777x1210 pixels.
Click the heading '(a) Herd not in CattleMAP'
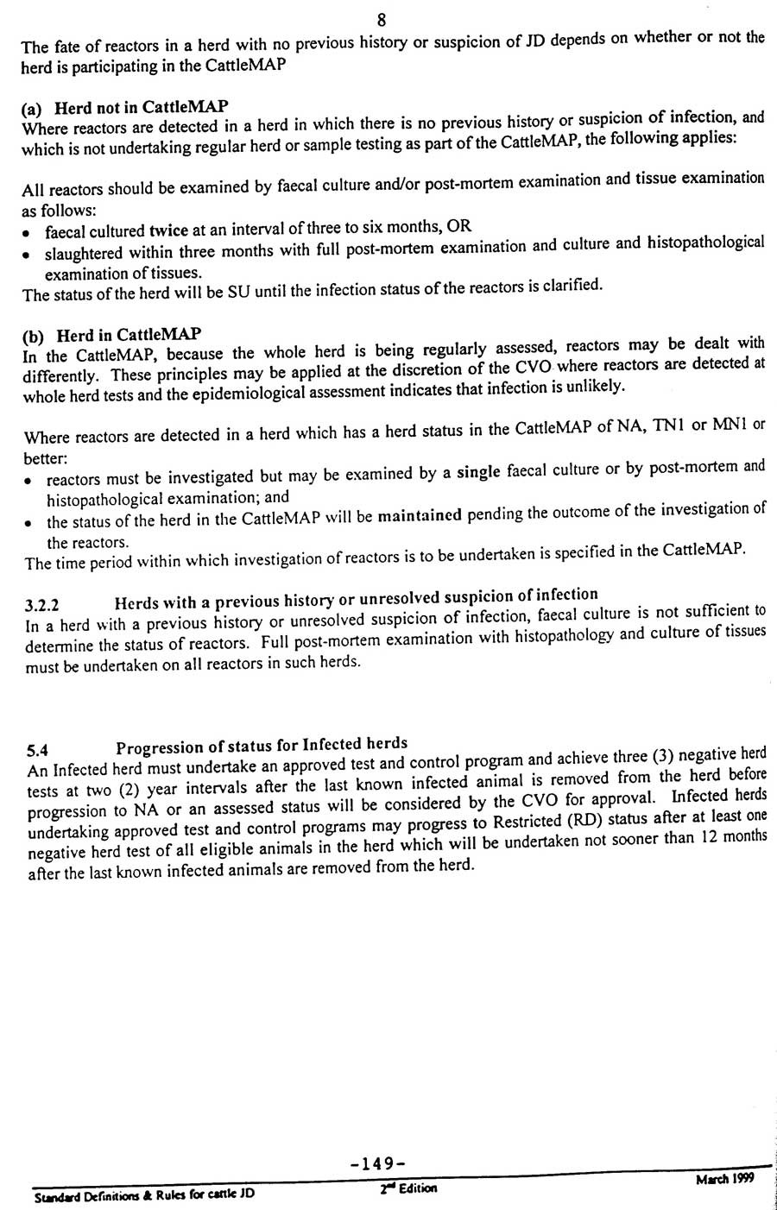125,108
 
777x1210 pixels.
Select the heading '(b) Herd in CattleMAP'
112,334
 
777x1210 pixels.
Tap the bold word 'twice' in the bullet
168,230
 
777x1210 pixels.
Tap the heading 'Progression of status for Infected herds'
262,745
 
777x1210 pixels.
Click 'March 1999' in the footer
724,1179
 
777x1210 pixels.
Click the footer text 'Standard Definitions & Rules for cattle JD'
144,1195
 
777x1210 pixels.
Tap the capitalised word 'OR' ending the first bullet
460,226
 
